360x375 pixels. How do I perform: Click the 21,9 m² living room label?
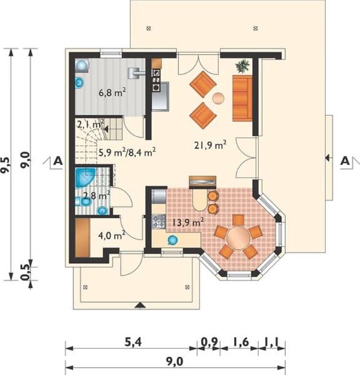[x=210, y=145]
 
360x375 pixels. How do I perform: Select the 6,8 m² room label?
[x=112, y=92]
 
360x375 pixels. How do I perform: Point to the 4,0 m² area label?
[x=112, y=235]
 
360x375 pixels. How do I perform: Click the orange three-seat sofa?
[x=242, y=98]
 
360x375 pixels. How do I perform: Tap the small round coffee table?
[x=218, y=98]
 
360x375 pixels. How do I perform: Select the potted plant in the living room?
[x=242, y=66]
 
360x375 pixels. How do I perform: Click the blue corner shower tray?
[x=84, y=177]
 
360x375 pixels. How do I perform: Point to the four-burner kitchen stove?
[x=159, y=221]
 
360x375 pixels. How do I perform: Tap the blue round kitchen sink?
[x=172, y=240]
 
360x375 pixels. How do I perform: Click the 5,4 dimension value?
[x=133, y=342]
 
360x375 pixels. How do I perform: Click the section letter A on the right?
[x=345, y=161]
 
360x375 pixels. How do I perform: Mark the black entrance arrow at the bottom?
[x=140, y=306]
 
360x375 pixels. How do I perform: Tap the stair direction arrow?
[x=106, y=129]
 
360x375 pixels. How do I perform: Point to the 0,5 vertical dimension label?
[x=25, y=273]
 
